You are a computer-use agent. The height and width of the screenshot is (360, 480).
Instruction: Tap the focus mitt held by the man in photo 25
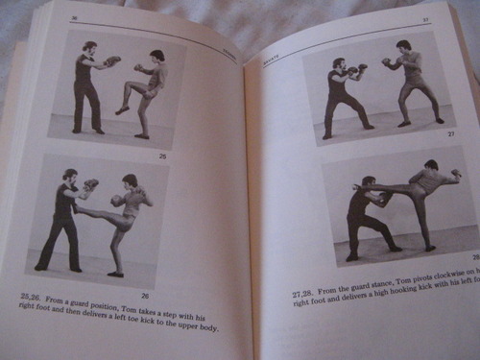[113, 60]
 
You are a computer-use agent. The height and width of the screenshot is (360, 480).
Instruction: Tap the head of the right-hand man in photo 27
[403, 48]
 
